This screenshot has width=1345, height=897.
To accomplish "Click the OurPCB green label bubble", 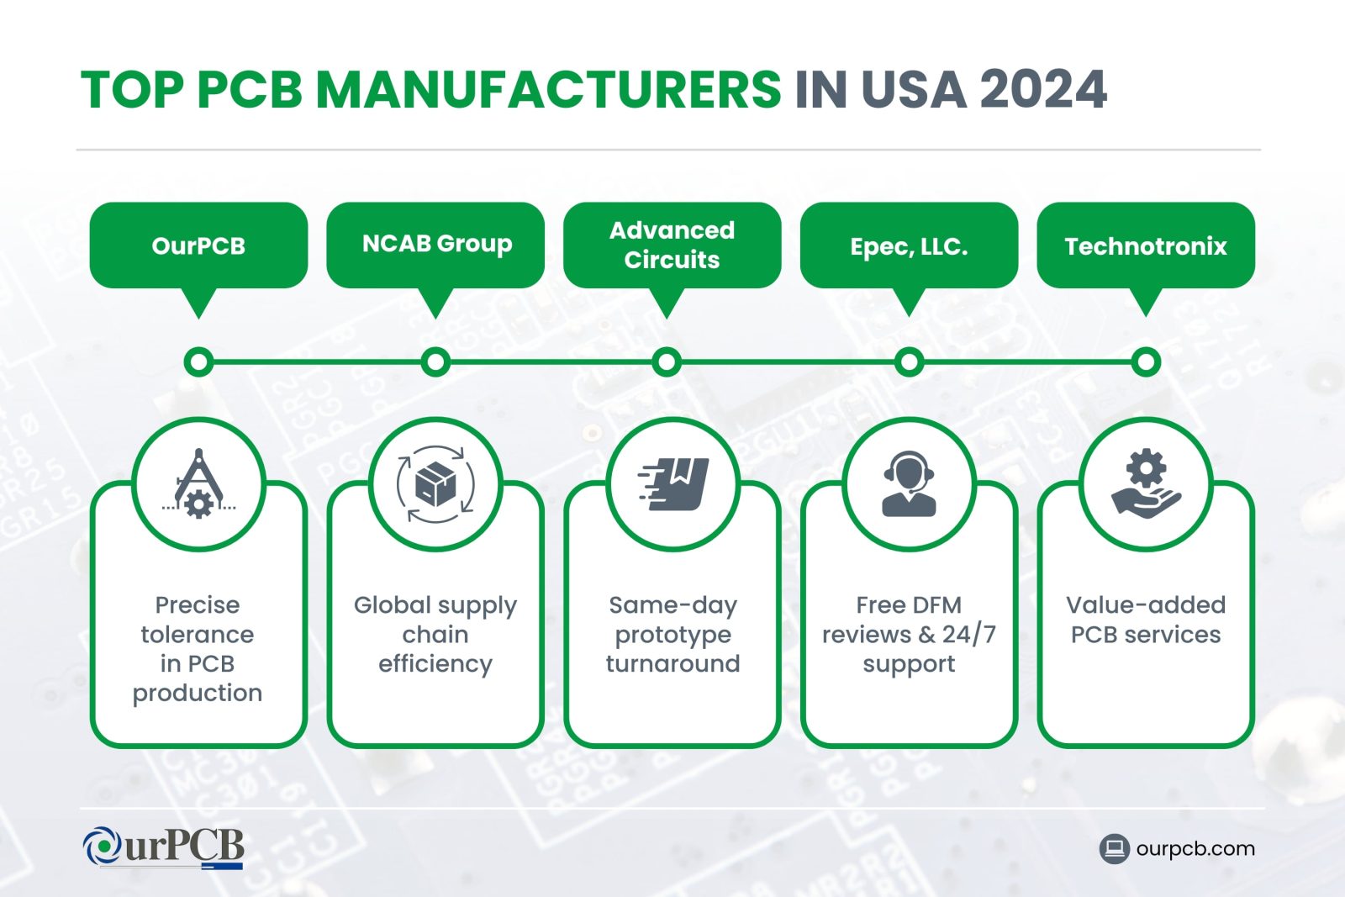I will [198, 245].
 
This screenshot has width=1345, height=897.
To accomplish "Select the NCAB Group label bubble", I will [435, 244].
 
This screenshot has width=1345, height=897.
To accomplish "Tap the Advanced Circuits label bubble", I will [672, 245].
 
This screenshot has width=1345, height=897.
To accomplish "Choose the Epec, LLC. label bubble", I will [909, 245].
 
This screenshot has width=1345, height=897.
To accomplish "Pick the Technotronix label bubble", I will [1146, 245].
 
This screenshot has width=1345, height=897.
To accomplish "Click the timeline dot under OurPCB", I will [198, 362].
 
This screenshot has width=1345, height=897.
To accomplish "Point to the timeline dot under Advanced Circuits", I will [667, 362].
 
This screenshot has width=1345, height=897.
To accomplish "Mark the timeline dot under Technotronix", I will [1146, 362].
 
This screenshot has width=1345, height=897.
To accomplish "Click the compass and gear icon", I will [198, 485].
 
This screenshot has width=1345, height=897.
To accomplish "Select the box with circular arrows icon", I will [435, 485].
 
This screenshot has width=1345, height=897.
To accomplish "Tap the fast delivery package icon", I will [672, 485].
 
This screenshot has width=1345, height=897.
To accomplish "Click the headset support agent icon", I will [909, 485].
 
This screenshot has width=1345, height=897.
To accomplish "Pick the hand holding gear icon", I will [1146, 485].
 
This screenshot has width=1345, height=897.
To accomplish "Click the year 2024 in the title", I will [1043, 89].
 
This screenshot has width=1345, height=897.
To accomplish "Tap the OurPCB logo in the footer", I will [164, 847].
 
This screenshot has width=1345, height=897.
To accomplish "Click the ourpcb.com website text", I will [1195, 848].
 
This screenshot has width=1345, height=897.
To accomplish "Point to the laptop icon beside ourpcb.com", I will [1114, 848].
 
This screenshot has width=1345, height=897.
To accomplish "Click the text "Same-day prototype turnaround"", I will [672, 635].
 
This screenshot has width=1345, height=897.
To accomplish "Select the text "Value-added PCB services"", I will [1146, 620].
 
